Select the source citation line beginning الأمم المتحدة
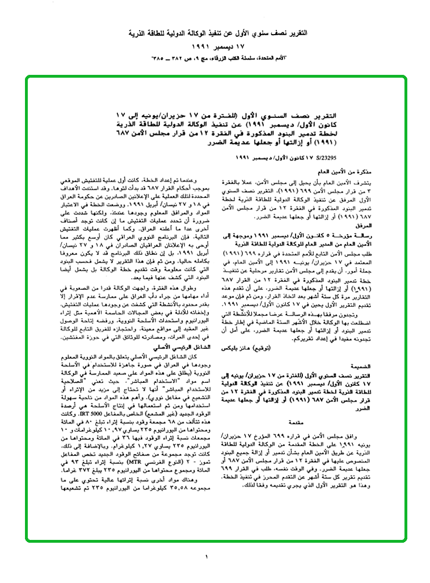(x=215, y=58)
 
